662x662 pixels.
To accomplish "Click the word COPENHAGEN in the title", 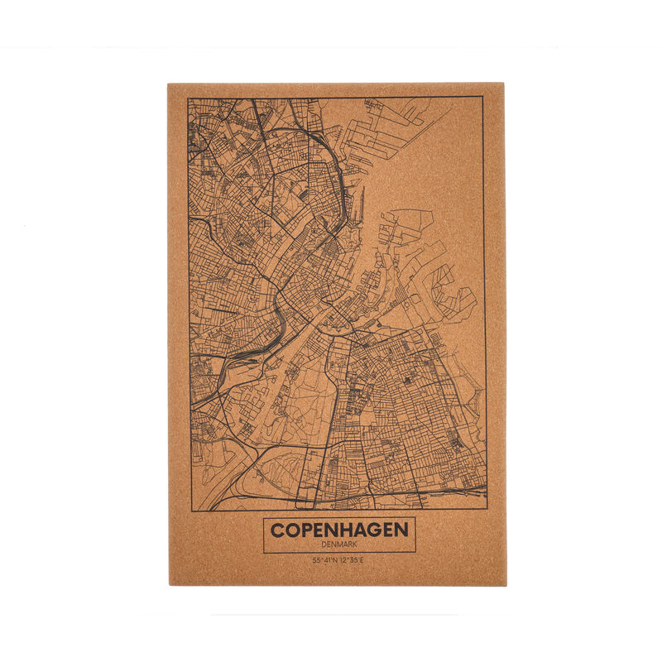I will click(x=339, y=530).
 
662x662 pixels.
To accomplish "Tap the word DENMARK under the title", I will click(x=339, y=544).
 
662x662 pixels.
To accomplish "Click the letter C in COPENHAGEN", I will click(x=276, y=530).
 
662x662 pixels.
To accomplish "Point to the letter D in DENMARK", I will click(x=323, y=544).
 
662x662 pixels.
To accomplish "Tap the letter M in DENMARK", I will click(x=339, y=544).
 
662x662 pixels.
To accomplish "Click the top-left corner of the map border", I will click(x=188, y=97).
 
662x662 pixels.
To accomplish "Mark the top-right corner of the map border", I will click(x=483, y=97).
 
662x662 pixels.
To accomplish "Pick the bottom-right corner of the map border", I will click(x=486, y=508).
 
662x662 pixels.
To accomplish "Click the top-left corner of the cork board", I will click(x=167, y=83).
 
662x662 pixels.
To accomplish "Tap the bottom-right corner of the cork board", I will click(x=506, y=585).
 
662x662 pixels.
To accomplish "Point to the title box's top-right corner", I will click(x=415, y=519).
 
